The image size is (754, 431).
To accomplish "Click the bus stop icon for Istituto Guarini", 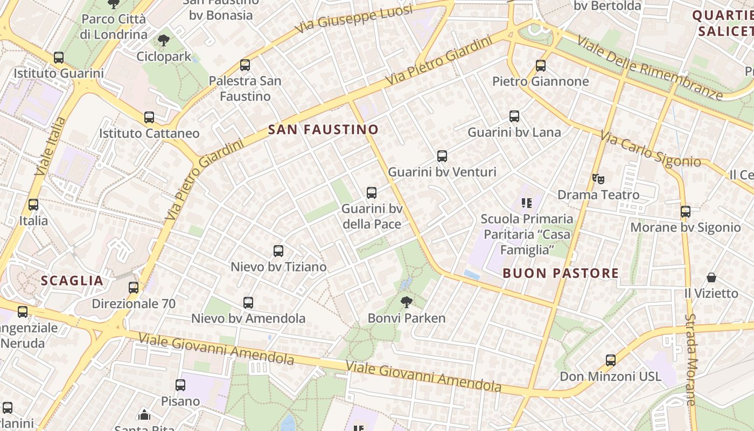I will (59, 57).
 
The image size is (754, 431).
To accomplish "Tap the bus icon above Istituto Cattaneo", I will (149, 117).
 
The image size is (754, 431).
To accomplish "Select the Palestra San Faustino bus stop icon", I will (245, 65).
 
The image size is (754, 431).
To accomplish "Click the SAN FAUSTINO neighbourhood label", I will (323, 129).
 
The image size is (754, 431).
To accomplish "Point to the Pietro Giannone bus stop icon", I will (541, 66).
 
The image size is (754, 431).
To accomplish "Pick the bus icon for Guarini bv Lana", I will (514, 116).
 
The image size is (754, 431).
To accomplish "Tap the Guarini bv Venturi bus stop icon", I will (442, 156).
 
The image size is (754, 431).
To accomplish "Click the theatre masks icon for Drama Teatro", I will (596, 178).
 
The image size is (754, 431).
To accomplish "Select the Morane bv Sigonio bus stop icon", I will (686, 212).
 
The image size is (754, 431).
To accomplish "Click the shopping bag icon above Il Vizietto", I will (711, 277).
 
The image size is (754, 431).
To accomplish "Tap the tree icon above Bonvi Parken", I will (407, 302).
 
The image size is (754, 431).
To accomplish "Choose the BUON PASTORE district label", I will (561, 273).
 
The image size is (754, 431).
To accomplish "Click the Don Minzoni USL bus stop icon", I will (611, 360).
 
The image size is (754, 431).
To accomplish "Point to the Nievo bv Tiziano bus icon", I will (278, 251).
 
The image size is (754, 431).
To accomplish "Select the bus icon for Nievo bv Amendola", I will (248, 302).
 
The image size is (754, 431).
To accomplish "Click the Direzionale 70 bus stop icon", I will (134, 288).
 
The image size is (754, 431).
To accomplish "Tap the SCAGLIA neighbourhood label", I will (72, 281).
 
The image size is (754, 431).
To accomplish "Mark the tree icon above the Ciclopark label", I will (164, 40).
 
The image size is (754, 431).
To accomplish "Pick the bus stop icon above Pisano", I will (180, 385).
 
